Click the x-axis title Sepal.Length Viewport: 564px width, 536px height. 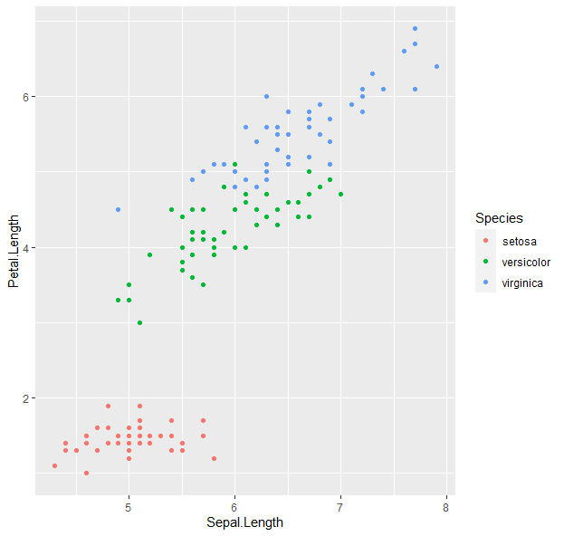click(x=244, y=522)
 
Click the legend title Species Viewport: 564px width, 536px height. click(x=499, y=218)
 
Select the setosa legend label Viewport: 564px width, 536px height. click(x=519, y=241)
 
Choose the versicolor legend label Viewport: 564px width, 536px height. click(x=526, y=262)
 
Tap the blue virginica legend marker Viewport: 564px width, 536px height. click(x=486, y=283)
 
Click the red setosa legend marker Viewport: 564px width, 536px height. click(x=486, y=241)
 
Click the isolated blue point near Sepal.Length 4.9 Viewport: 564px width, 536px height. click(x=118, y=209)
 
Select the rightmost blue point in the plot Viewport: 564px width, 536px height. click(x=436, y=66)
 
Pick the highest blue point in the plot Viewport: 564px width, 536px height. click(x=415, y=28)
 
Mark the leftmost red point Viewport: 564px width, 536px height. click(x=54, y=465)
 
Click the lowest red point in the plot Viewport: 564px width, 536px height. click(x=86, y=473)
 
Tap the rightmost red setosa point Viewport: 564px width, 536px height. click(x=214, y=458)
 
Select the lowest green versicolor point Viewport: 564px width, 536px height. click(x=139, y=322)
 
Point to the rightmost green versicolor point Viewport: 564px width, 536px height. click(x=340, y=194)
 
